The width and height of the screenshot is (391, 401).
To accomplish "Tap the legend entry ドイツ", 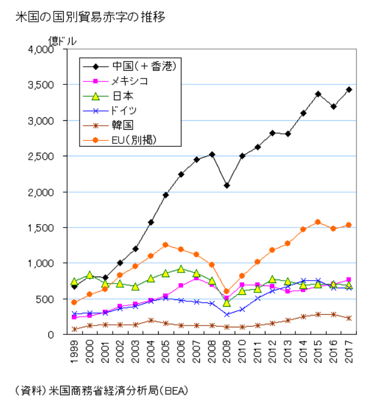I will (x=124, y=110).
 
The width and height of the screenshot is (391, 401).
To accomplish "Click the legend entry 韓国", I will (x=121, y=125).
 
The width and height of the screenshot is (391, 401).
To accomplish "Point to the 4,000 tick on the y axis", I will (x=40, y=50).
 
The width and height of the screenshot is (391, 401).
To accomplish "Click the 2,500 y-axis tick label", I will (x=40, y=156).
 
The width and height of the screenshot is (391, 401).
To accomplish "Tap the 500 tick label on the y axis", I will (x=45, y=299).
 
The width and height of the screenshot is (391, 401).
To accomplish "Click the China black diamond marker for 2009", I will (x=227, y=185).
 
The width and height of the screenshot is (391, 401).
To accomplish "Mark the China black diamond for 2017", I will (x=349, y=90).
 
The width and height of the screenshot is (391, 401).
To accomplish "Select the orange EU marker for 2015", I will (x=318, y=222).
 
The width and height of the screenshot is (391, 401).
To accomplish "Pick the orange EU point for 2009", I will (x=227, y=291).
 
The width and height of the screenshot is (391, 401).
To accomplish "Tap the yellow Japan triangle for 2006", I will (x=181, y=269).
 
